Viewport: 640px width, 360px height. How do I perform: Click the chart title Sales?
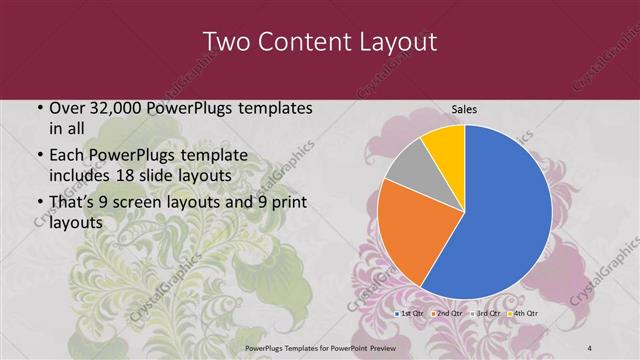tap(464, 109)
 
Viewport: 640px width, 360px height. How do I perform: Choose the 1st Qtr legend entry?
tap(411, 313)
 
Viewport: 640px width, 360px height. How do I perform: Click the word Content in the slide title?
tap(303, 42)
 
